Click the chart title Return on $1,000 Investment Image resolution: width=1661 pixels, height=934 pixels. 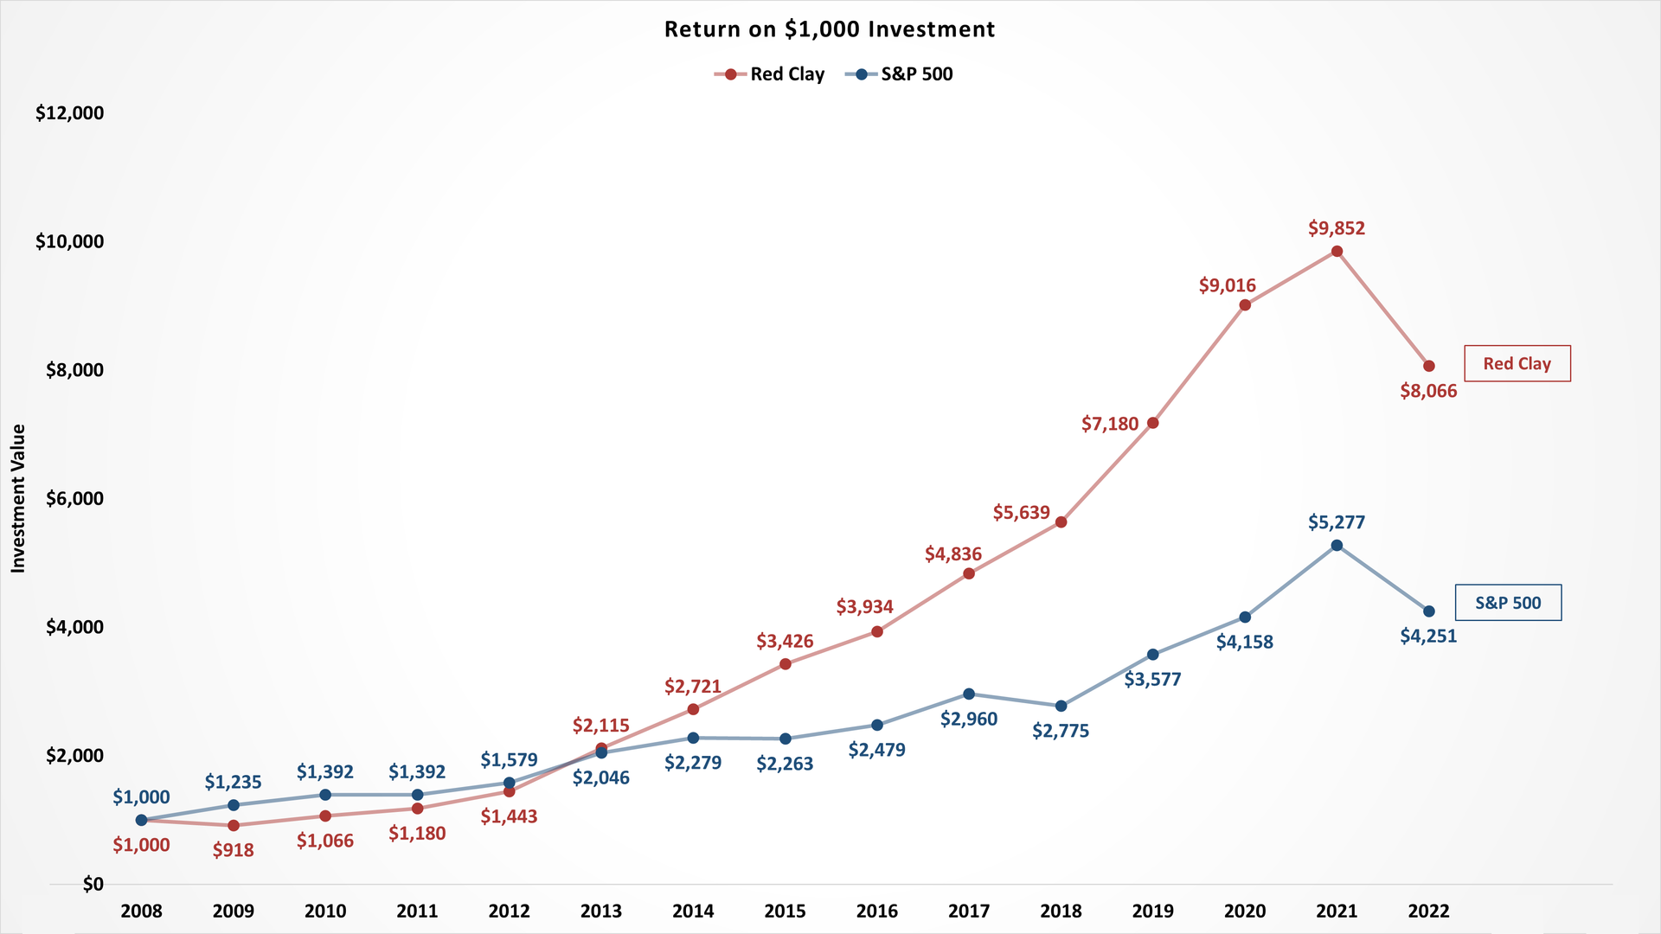click(829, 29)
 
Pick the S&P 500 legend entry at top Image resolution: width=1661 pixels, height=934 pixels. click(900, 74)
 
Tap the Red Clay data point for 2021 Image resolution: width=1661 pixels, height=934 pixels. click(1337, 252)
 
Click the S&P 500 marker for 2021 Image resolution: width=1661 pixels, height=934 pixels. click(1337, 546)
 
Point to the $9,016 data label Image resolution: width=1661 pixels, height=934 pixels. click(1227, 285)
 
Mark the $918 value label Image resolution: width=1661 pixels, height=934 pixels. click(234, 850)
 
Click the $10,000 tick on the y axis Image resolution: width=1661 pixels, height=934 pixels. click(69, 242)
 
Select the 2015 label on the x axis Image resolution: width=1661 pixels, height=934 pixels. click(785, 911)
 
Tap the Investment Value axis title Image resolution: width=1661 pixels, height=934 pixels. click(18, 498)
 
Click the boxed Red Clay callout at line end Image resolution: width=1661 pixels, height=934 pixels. click(1517, 364)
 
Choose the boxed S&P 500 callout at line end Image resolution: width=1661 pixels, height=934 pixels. click(1508, 603)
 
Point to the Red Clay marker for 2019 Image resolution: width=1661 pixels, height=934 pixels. click(1152, 423)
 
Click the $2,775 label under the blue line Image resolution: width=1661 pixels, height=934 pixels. click(1061, 731)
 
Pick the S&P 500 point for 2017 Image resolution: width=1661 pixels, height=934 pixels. click(969, 694)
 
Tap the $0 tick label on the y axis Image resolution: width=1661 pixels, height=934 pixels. click(93, 884)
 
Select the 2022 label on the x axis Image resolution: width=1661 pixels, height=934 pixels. click(1428, 911)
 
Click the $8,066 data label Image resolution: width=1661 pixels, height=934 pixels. click(1428, 391)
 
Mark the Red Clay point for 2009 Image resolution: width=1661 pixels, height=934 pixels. click(234, 825)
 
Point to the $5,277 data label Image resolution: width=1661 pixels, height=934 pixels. click(1337, 522)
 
